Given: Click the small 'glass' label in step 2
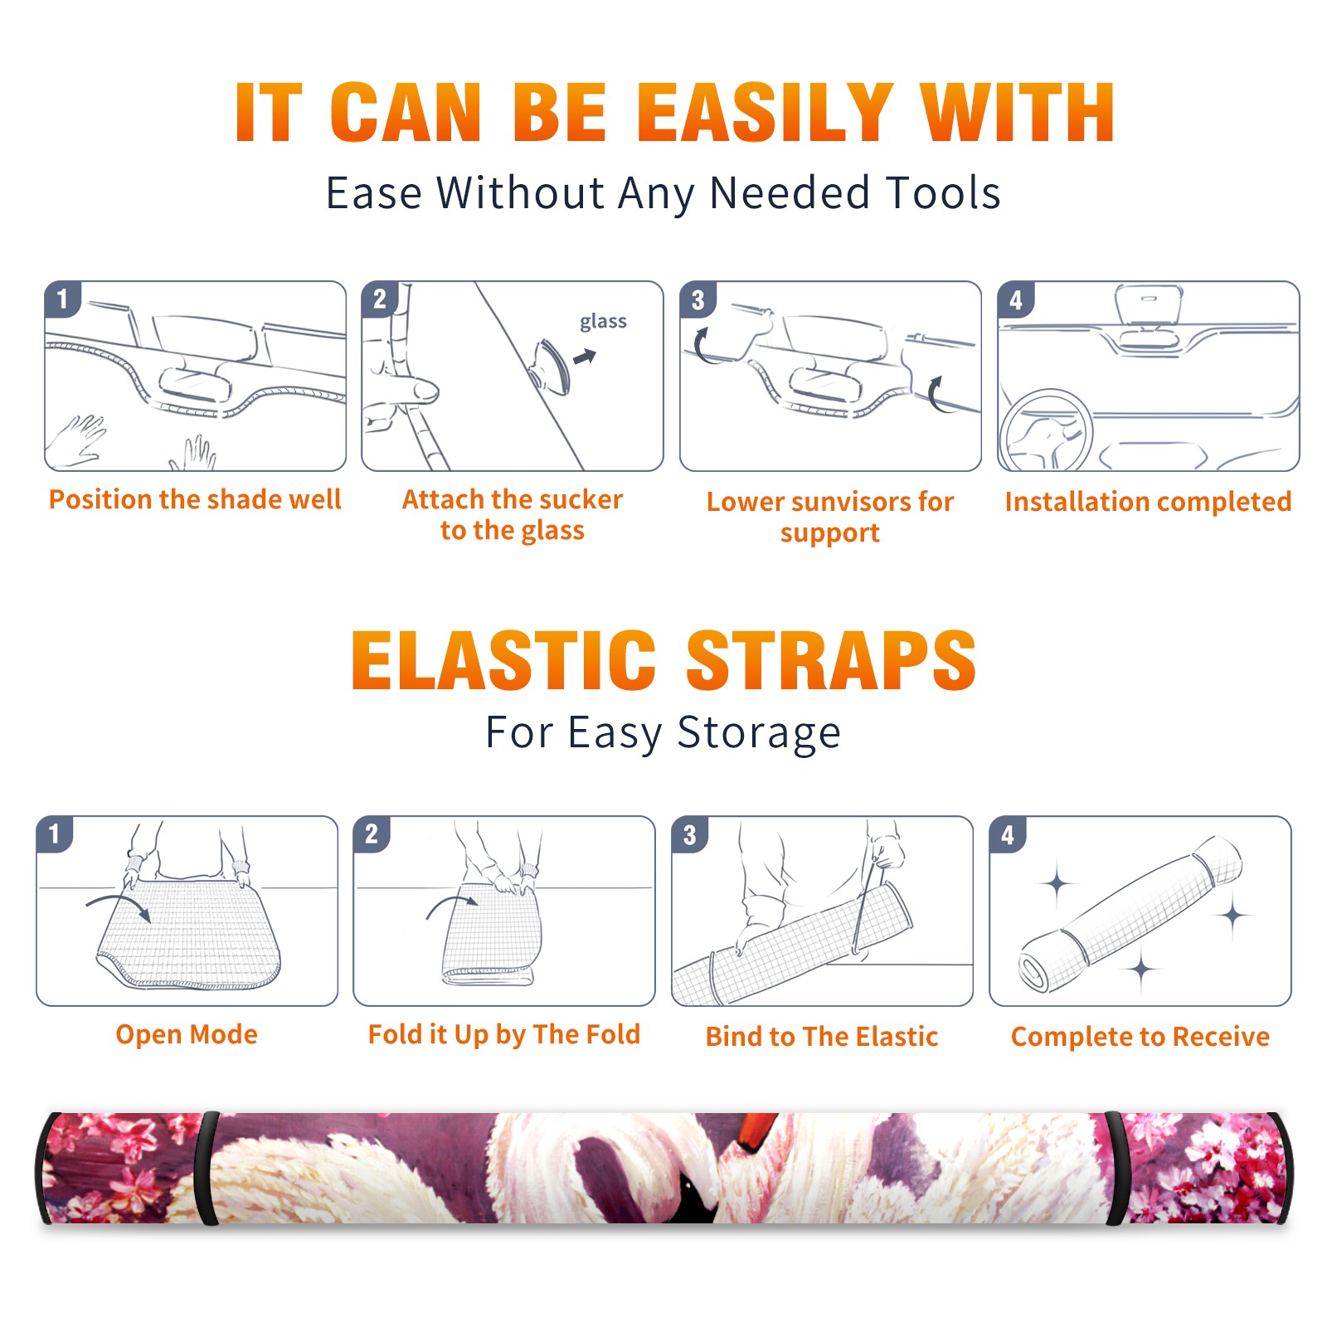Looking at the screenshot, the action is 603,321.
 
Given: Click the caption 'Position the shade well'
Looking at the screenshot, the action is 195,499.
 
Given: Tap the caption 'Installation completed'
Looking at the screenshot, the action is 1148,501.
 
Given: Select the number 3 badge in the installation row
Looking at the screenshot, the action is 698,299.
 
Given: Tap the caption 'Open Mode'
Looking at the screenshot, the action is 187,1034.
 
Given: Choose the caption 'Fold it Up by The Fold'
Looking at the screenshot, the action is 504,1034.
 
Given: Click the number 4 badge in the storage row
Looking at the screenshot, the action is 1008,834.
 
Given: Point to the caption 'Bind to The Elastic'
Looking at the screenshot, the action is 822,1036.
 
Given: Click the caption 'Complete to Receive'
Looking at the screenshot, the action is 1140,1036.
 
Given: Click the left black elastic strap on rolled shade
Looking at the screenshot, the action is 207,1168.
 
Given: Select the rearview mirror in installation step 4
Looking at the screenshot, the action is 1148,304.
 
